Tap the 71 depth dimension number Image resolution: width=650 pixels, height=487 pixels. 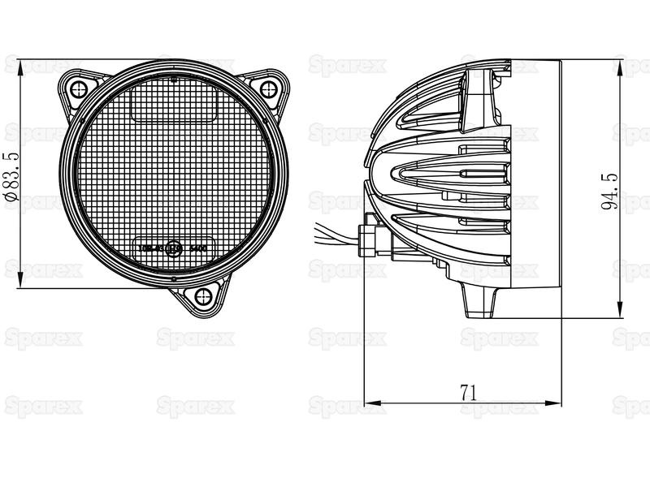467,392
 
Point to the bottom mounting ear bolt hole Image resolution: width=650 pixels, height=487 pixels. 201,296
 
